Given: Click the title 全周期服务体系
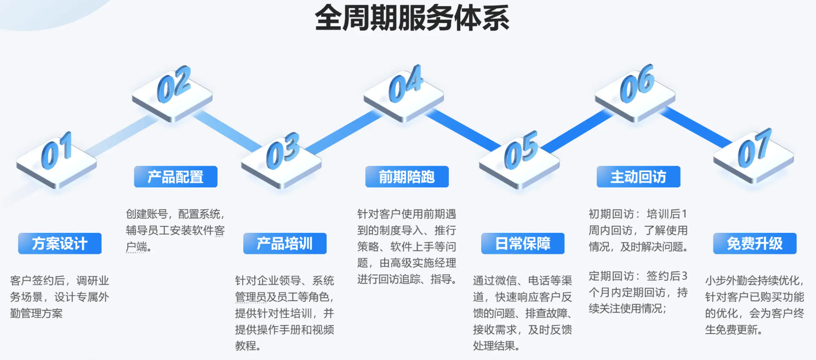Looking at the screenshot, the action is click(x=412, y=18).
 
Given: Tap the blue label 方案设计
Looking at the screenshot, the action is click(x=60, y=243).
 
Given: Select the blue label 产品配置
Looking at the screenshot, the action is click(x=175, y=177).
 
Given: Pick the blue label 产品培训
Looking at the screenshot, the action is click(x=285, y=243).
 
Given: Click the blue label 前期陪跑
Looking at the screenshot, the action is click(x=407, y=177).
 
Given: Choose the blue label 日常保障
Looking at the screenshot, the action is click(x=523, y=243).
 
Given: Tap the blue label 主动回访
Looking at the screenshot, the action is click(x=638, y=177).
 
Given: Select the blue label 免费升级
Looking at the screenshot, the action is click(x=755, y=243).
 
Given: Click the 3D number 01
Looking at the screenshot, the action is click(x=56, y=151).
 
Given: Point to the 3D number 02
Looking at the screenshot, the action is click(x=174, y=84).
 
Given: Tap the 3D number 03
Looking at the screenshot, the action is click(x=283, y=151).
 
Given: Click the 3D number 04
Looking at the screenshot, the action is click(x=406, y=84).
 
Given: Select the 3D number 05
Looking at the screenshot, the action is click(x=521, y=150).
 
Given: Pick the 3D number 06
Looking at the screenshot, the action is click(x=637, y=83).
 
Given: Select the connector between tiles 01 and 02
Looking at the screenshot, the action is click(x=122, y=135).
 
